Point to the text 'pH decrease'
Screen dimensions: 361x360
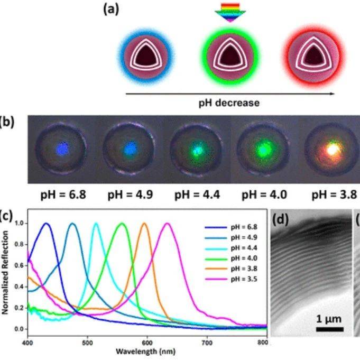[x=229, y=103]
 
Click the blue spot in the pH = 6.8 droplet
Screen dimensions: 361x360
[x=63, y=149]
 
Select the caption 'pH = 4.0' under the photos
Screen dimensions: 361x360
[x=264, y=195]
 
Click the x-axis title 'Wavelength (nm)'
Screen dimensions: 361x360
[x=147, y=351]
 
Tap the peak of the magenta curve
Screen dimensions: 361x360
[x=168, y=224]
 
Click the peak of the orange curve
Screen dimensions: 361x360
[x=144, y=224]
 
